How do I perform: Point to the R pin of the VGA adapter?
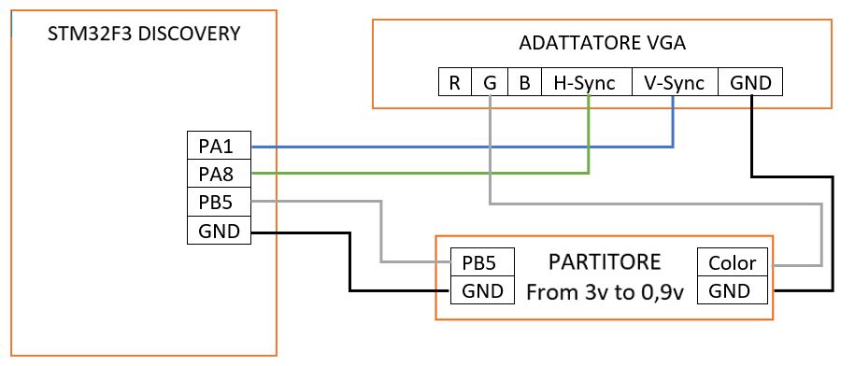point(454,82)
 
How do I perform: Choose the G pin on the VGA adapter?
point(489,82)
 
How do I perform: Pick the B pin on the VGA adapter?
point(524,82)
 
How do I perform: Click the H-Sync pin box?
point(586,82)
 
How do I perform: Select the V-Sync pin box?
point(675,82)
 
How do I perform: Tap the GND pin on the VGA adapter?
point(750,82)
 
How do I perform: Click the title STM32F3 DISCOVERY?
point(144,34)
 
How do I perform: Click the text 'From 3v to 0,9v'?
point(605,291)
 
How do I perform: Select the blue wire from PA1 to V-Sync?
point(467,147)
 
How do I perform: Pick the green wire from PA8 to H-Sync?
point(420,173)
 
